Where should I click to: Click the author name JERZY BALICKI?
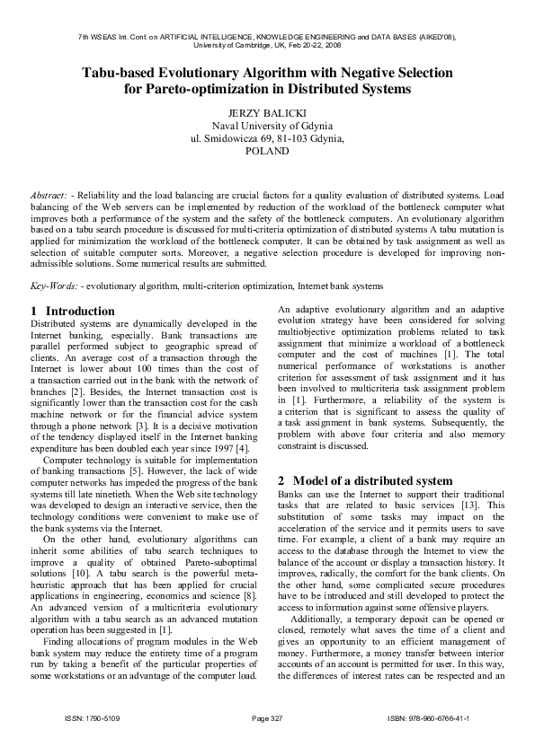(267, 113)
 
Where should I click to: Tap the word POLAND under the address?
(267, 152)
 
